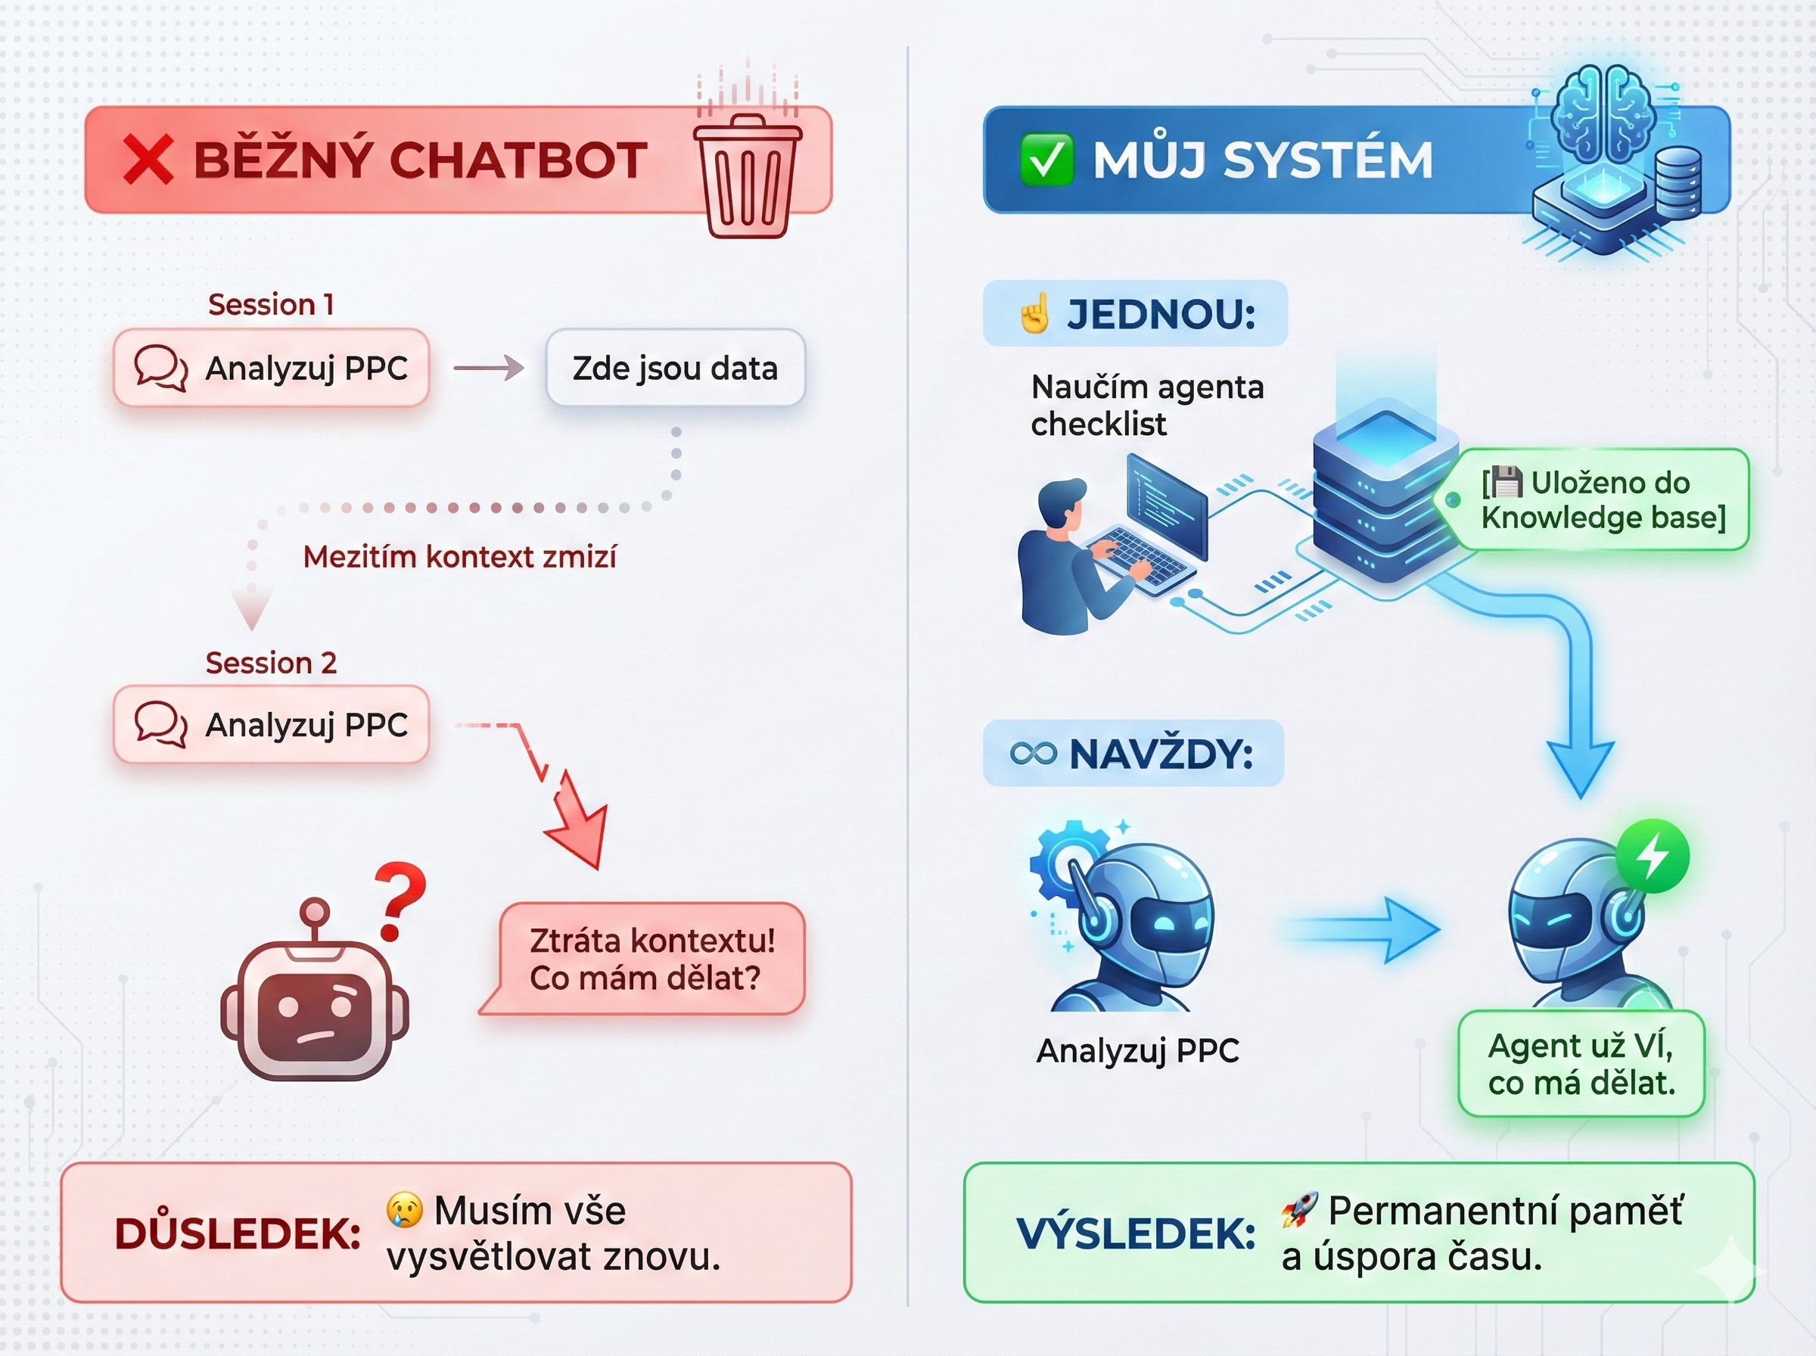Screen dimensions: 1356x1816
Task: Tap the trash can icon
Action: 747,176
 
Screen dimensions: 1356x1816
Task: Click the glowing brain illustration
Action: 1603,115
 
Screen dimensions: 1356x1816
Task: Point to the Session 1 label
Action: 271,304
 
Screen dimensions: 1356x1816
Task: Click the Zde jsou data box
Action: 676,368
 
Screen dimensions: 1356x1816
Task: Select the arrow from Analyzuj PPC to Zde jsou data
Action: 488,368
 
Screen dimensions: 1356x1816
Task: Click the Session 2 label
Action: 271,662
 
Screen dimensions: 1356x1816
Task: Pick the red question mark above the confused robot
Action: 400,900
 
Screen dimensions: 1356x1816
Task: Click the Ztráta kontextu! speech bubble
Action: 651,959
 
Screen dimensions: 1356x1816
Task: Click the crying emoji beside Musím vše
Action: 405,1209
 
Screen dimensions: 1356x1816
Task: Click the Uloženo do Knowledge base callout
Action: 1603,499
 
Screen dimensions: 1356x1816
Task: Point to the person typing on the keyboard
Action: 1067,558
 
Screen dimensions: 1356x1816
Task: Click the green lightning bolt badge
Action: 1652,856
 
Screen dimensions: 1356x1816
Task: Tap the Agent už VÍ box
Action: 1581,1064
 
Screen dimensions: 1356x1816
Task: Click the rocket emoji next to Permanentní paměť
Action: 1300,1209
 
